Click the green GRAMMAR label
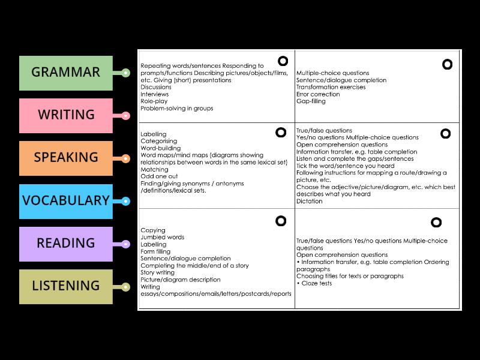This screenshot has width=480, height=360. (x=66, y=73)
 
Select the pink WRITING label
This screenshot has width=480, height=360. (x=66, y=115)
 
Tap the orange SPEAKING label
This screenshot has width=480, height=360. (x=66, y=158)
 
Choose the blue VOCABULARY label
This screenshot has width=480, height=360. (x=66, y=200)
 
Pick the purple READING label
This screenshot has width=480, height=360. (x=66, y=244)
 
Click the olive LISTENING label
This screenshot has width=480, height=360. (x=66, y=286)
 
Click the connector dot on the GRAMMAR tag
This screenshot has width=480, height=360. (x=125, y=73)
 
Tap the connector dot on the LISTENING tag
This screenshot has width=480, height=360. (x=125, y=287)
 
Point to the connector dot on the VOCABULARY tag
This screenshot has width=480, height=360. (x=125, y=201)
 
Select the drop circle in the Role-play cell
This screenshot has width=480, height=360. (x=282, y=61)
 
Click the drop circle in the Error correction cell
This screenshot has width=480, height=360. (x=447, y=64)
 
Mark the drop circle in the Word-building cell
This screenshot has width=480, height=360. (x=280, y=132)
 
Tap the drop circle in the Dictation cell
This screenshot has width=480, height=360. (x=445, y=133)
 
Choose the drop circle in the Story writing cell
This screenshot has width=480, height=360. (x=280, y=221)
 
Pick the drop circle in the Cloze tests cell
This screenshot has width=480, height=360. (x=436, y=223)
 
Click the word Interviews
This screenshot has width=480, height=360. (x=155, y=94)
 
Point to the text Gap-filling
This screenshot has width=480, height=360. (x=311, y=101)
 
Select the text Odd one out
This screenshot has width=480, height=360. (x=158, y=176)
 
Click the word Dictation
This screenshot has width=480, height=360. (x=309, y=202)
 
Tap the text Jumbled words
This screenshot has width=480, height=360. (x=162, y=238)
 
